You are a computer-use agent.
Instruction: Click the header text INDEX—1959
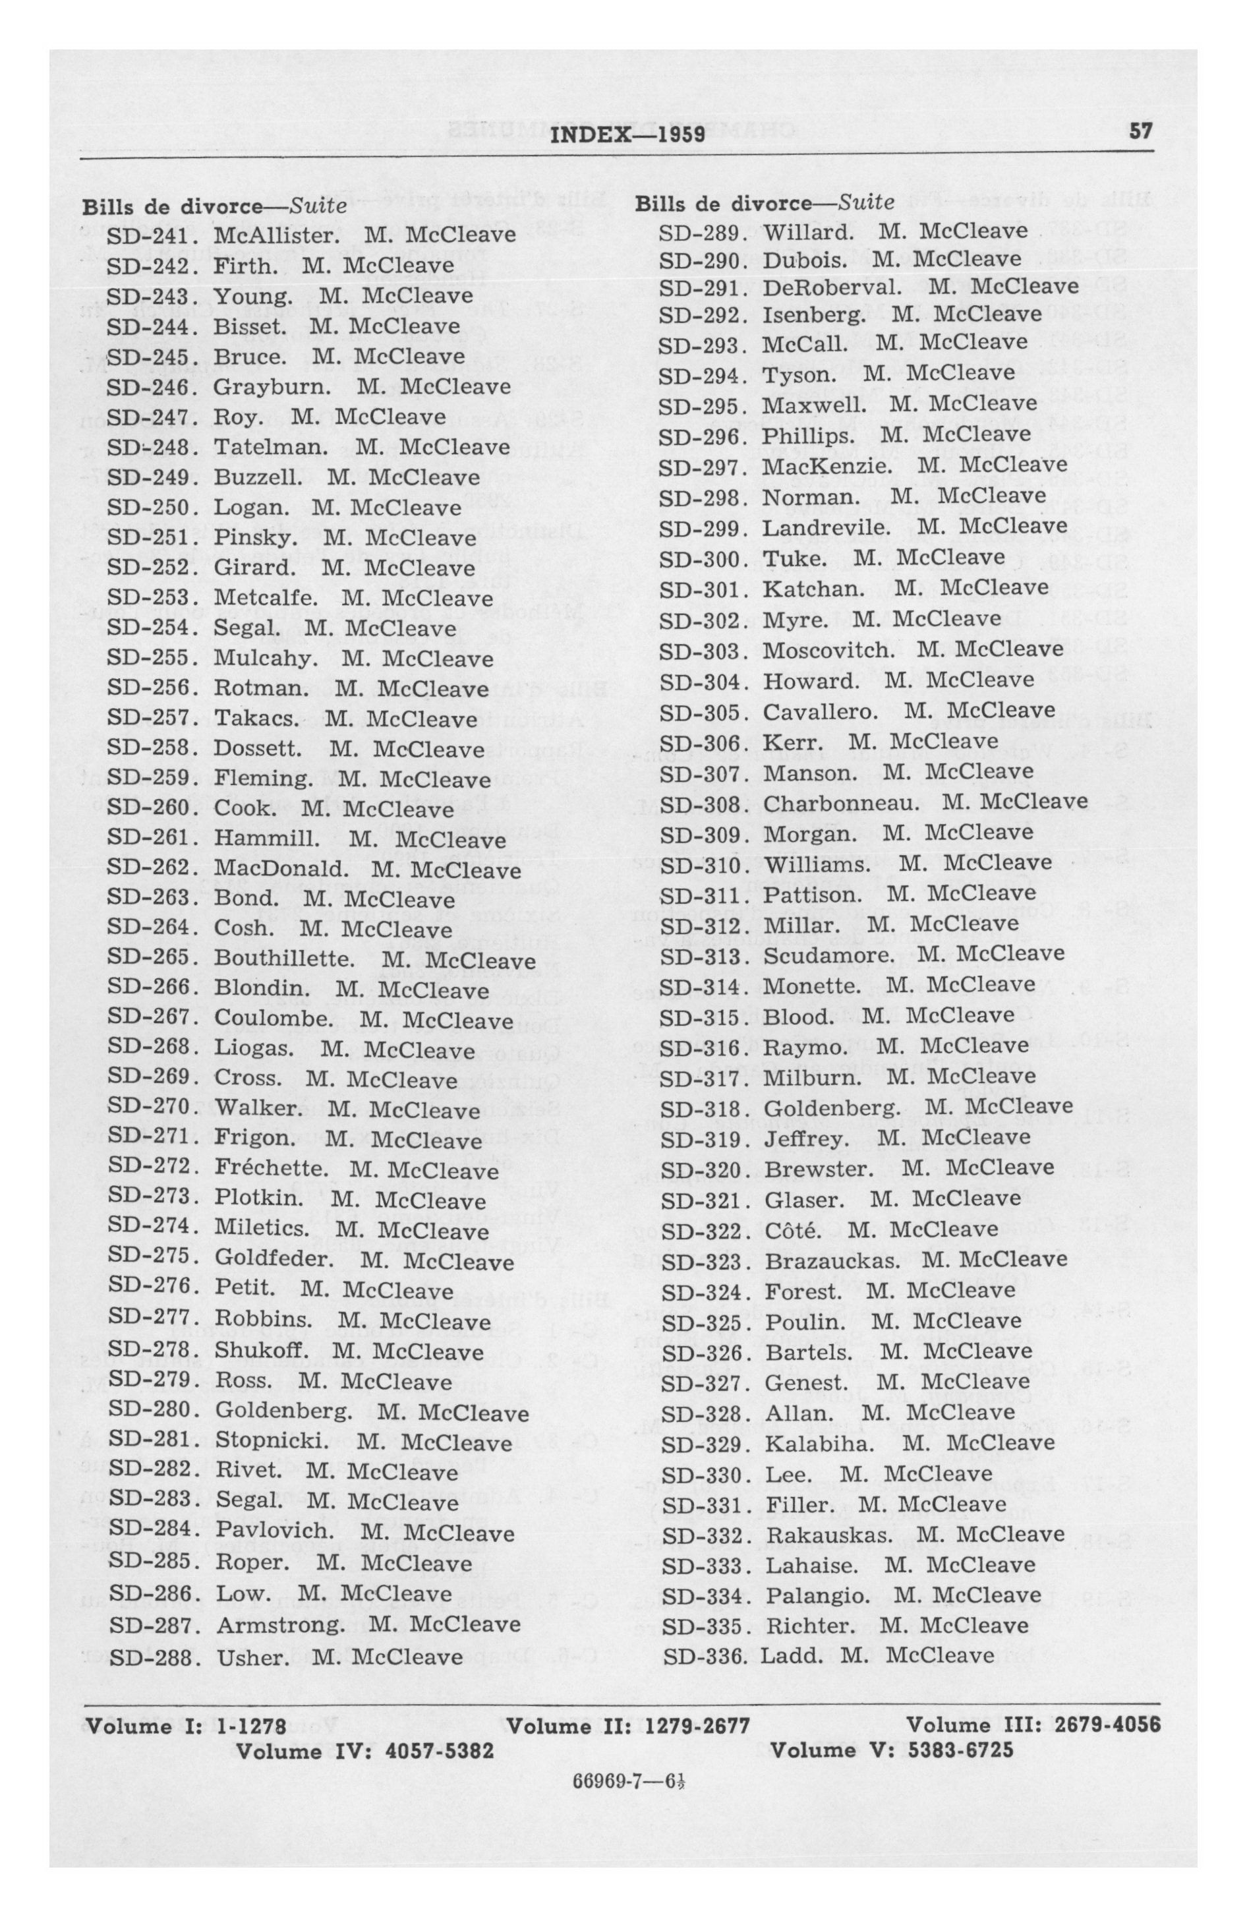628,134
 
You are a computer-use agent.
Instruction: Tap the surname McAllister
275,235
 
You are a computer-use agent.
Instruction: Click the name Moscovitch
828,650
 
